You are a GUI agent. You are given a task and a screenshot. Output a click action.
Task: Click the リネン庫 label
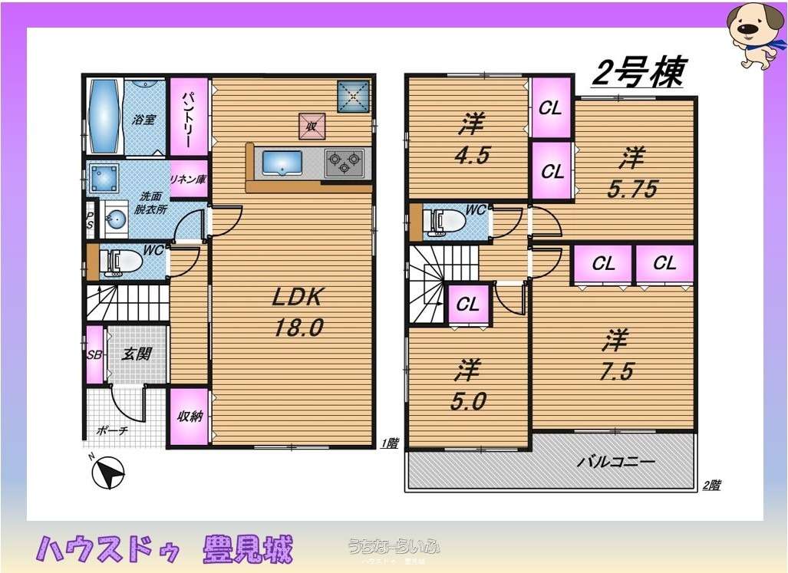[x=188, y=180]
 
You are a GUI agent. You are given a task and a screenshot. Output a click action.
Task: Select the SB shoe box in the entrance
[x=94, y=354]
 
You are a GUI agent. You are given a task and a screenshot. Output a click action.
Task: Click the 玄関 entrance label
[x=138, y=354]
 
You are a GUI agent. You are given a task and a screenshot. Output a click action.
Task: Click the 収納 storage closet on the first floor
[x=189, y=417]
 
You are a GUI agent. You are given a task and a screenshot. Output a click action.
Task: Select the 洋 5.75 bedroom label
[x=631, y=174]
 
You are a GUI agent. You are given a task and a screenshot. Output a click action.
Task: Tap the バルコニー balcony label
[x=616, y=463]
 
